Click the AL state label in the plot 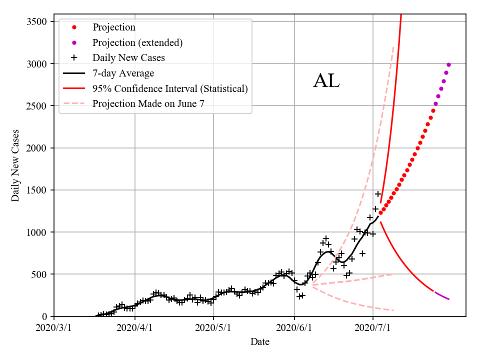pos(326,81)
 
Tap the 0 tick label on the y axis pos(44,316)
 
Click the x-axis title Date pos(260,342)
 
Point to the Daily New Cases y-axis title pos(15,165)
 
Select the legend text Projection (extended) pos(137,42)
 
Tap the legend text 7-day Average pos(123,73)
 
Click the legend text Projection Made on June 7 pos(148,103)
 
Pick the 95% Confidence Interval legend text pos(170,88)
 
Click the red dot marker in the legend pos(74,27)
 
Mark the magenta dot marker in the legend pos(74,42)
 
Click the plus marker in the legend pos(74,57)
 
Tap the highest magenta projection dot pos(448,64)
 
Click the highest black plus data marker pos(378,194)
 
